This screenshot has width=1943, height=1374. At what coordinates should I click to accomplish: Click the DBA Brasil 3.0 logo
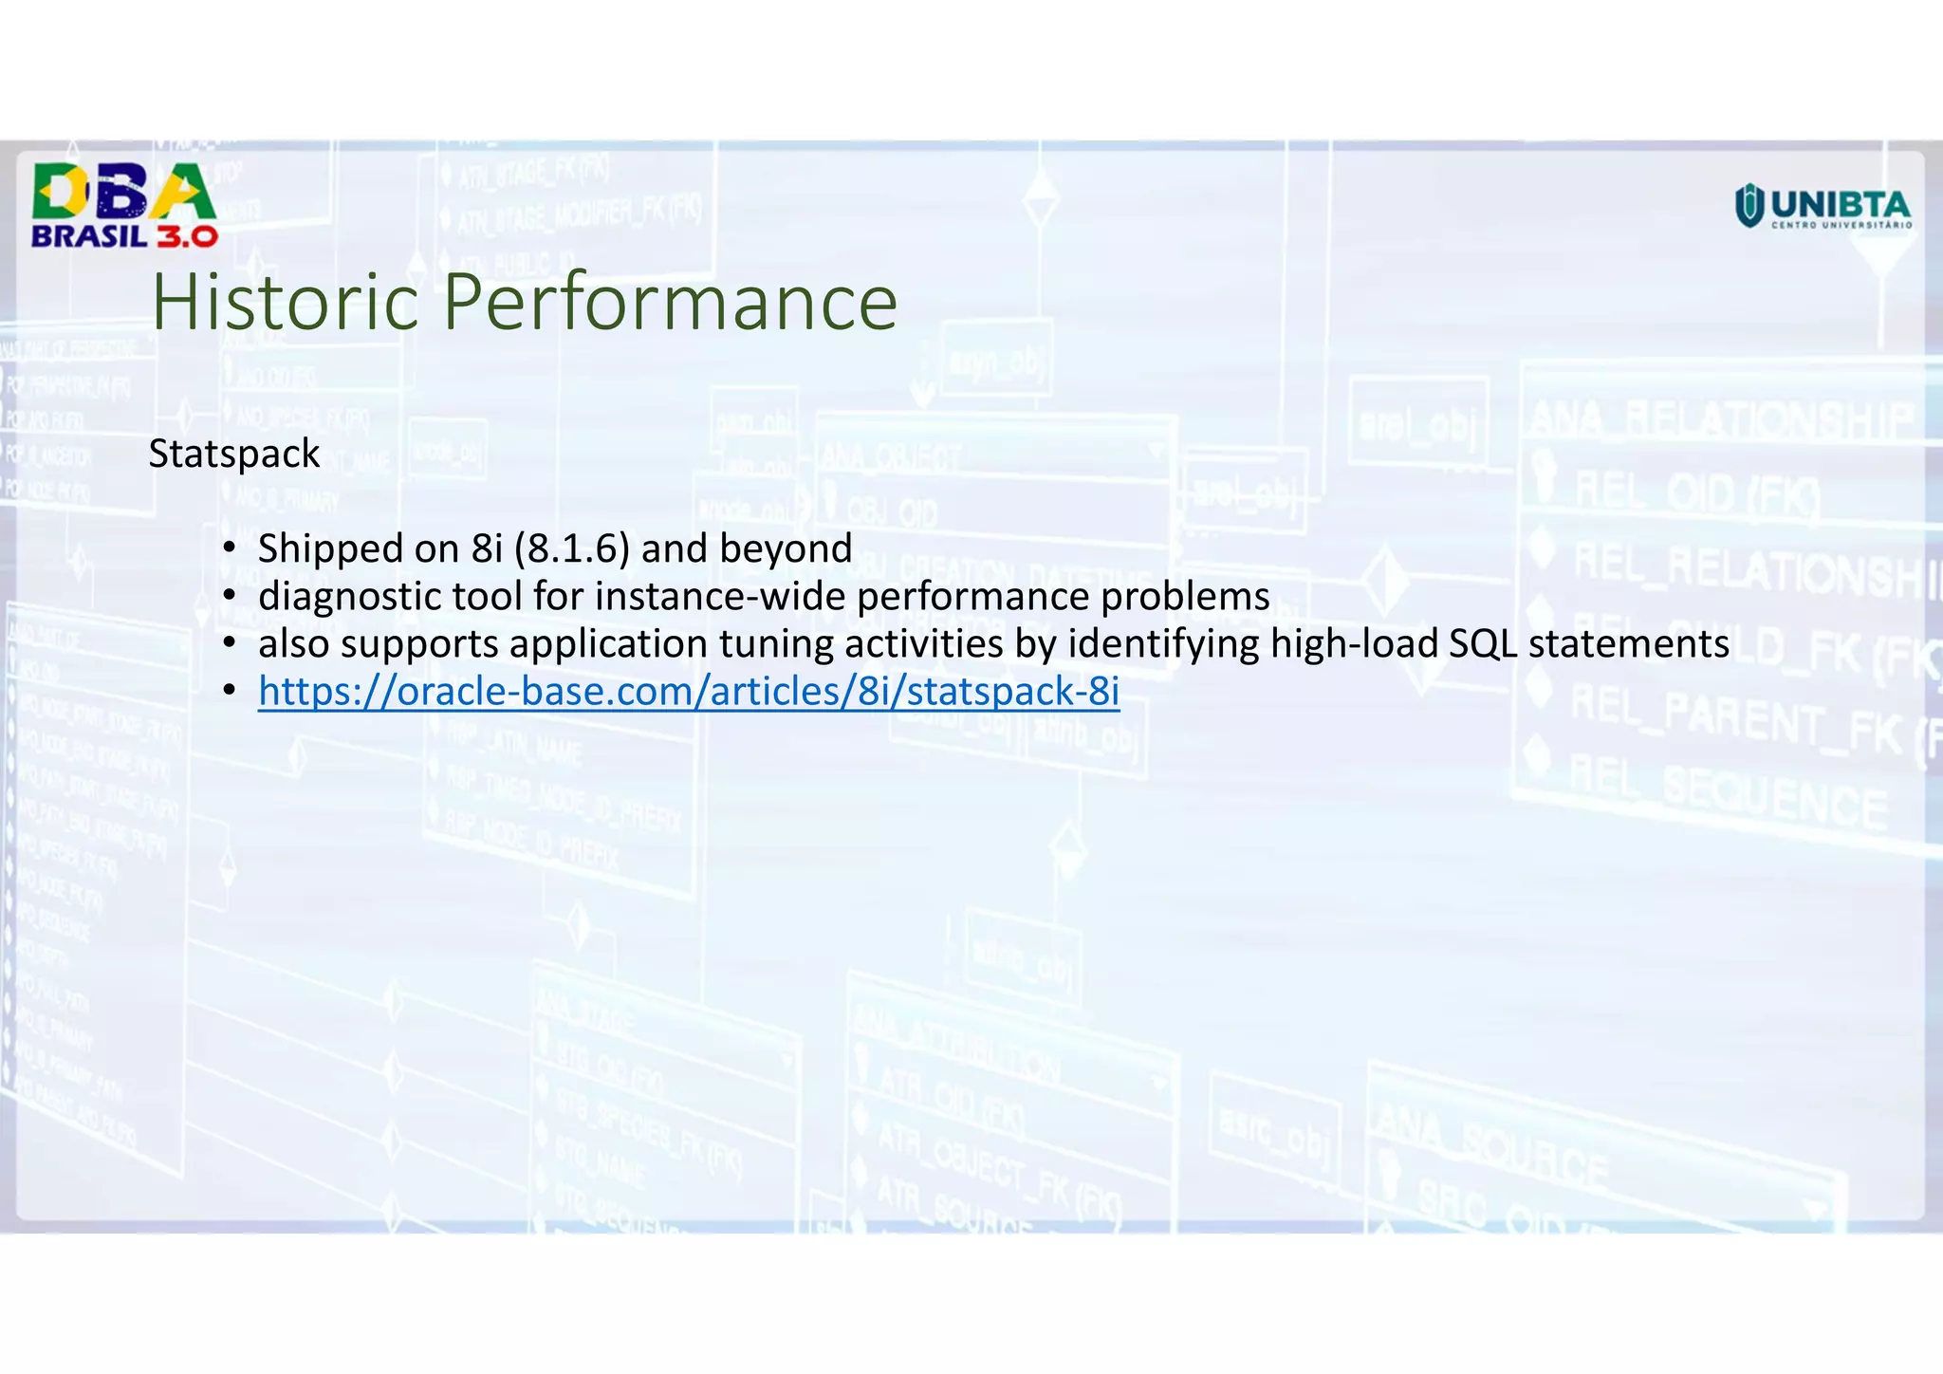(124, 205)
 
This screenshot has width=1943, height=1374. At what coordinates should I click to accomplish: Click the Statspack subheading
(234, 454)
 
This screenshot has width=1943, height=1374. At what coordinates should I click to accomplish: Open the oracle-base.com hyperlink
(689, 691)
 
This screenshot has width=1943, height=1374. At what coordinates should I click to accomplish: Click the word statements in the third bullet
(1628, 644)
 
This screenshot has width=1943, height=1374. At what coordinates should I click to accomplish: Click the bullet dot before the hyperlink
(229, 691)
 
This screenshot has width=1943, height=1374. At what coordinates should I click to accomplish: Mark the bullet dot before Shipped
(229, 548)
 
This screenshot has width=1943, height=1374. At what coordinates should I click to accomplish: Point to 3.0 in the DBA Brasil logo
(187, 236)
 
